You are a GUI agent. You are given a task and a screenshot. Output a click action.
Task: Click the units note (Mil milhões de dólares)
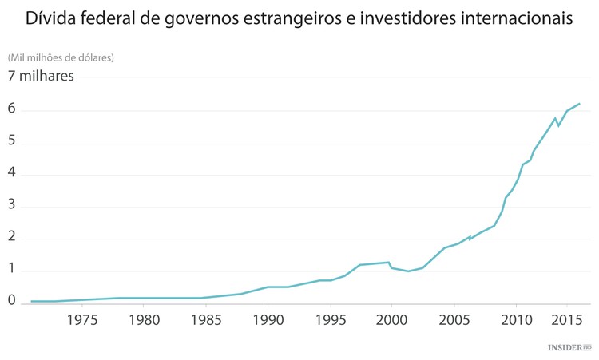click(x=61, y=58)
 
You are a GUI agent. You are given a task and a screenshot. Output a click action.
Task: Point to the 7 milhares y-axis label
click(x=41, y=77)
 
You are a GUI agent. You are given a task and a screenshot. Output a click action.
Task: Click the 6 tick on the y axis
click(x=12, y=109)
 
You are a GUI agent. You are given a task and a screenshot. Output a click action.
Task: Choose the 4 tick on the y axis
click(x=12, y=173)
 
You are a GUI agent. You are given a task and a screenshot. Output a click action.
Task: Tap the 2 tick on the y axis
click(x=12, y=237)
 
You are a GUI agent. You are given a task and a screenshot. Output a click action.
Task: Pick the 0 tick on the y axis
click(x=12, y=301)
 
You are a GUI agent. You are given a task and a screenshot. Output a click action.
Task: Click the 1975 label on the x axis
click(x=82, y=320)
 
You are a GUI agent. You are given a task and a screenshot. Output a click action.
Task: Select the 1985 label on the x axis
click(x=206, y=320)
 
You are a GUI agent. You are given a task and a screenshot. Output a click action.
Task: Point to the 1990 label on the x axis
click(x=268, y=320)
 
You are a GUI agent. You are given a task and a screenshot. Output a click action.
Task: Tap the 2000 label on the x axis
click(x=391, y=320)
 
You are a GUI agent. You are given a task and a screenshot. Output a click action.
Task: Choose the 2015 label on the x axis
click(x=567, y=320)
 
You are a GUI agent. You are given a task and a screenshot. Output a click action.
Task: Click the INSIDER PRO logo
click(x=569, y=348)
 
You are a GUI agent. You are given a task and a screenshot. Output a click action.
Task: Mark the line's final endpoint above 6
click(x=579, y=104)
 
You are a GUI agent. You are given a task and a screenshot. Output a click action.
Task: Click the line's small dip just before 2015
click(x=558, y=125)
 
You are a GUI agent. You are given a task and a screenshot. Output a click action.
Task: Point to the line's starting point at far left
click(x=31, y=301)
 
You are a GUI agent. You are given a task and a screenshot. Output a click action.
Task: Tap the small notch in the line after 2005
click(x=470, y=238)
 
